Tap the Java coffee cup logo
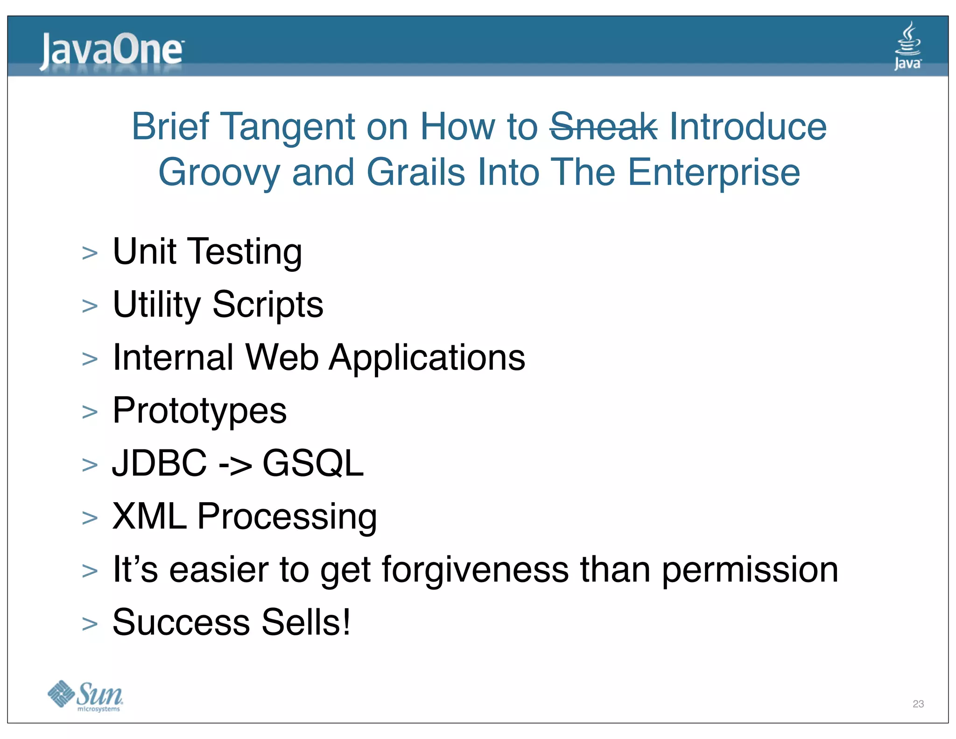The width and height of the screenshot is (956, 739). pos(907,46)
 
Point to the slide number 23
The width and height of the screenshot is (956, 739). pos(918,703)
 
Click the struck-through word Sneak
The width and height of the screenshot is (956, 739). pos(603,127)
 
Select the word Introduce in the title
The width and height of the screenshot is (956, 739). pos(747,127)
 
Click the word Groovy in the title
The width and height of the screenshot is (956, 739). pos(219,173)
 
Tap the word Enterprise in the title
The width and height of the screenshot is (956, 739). pos(714,173)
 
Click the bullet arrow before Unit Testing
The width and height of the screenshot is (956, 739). pos(90,254)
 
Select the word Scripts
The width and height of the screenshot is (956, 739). pos(267,305)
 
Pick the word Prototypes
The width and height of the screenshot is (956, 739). pos(199,411)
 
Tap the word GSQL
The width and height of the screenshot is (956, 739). pos(313,463)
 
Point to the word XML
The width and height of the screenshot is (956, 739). pos(149,516)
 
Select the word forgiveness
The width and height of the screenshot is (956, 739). pos(475,569)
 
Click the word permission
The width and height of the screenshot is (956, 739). pos(750,570)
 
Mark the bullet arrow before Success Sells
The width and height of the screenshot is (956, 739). pos(90,624)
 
